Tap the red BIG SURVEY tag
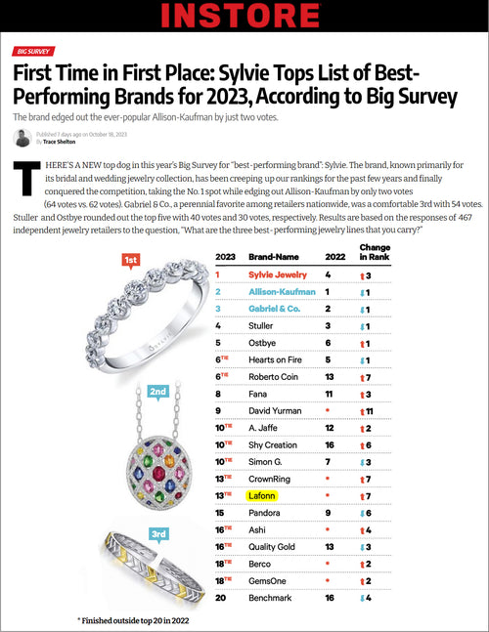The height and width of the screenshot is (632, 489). pyautogui.click(x=32, y=51)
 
